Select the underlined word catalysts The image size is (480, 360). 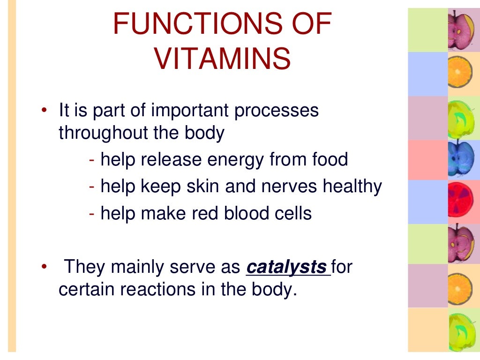pyautogui.click(x=286, y=267)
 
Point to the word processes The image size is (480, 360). pyautogui.click(x=277, y=111)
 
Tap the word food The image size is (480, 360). pyautogui.click(x=330, y=160)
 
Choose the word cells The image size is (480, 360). pyautogui.click(x=292, y=213)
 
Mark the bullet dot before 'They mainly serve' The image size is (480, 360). pyautogui.click(x=44, y=267)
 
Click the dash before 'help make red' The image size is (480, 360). pyautogui.click(x=92, y=214)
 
